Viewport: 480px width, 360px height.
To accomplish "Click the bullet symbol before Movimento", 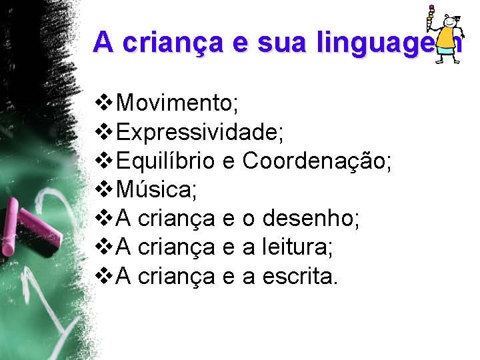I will (105, 104).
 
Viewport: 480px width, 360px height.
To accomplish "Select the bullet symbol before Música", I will (105, 190).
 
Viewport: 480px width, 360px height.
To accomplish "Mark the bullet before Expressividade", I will (105, 133).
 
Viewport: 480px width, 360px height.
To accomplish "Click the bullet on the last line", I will (105, 276).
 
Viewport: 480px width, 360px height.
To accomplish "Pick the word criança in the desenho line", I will (175, 219).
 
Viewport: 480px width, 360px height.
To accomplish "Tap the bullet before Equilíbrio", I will (105, 161).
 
